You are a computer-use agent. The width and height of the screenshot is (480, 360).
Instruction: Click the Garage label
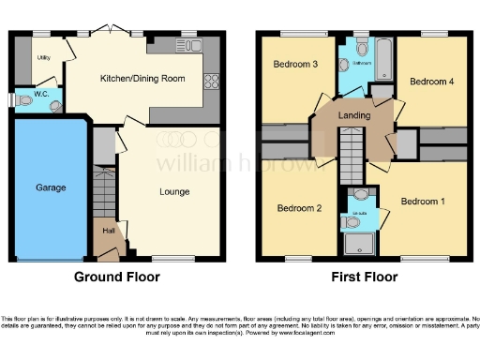[51, 187]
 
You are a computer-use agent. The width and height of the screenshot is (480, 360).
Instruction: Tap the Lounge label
[174, 192]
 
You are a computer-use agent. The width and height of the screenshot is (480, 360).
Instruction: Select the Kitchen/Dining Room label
[143, 79]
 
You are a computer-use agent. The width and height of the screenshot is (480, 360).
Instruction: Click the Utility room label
[43, 57]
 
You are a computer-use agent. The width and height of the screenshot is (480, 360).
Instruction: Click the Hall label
[110, 228]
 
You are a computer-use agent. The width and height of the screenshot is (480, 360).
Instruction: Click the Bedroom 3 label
[292, 65]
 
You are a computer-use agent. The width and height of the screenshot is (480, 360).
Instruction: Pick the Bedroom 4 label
[432, 82]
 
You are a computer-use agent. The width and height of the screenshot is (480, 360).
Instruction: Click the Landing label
[353, 115]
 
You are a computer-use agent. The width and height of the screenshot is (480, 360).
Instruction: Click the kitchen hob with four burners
[210, 80]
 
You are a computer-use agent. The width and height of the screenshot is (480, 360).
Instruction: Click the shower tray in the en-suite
[359, 245]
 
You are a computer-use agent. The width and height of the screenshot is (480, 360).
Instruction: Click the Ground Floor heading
[117, 277]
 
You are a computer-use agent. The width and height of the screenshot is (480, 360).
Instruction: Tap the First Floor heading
[364, 277]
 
